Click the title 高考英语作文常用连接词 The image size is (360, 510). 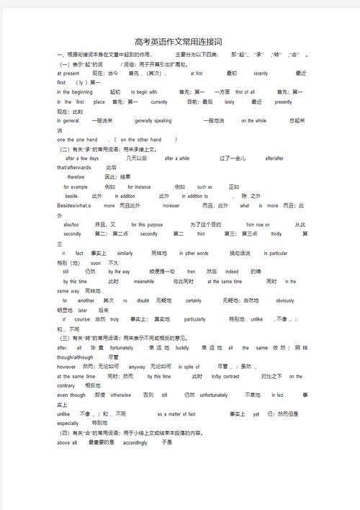click(x=179, y=43)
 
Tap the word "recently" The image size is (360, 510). click(x=261, y=73)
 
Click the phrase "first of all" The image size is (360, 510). click(x=245, y=92)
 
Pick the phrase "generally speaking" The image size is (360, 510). click(x=153, y=121)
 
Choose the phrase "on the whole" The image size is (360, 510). click(x=253, y=121)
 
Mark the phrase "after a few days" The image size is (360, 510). click(x=81, y=158)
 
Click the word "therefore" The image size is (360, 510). click(x=76, y=176)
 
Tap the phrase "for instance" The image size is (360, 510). click(x=134, y=187)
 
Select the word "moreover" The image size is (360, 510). click(x=171, y=205)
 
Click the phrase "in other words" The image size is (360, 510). click(x=192, y=254)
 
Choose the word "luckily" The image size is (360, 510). click(x=182, y=348)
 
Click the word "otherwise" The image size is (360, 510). click(x=121, y=395)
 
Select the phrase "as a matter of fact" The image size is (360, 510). click(x=176, y=414)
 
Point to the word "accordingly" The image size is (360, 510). click(x=135, y=443)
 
